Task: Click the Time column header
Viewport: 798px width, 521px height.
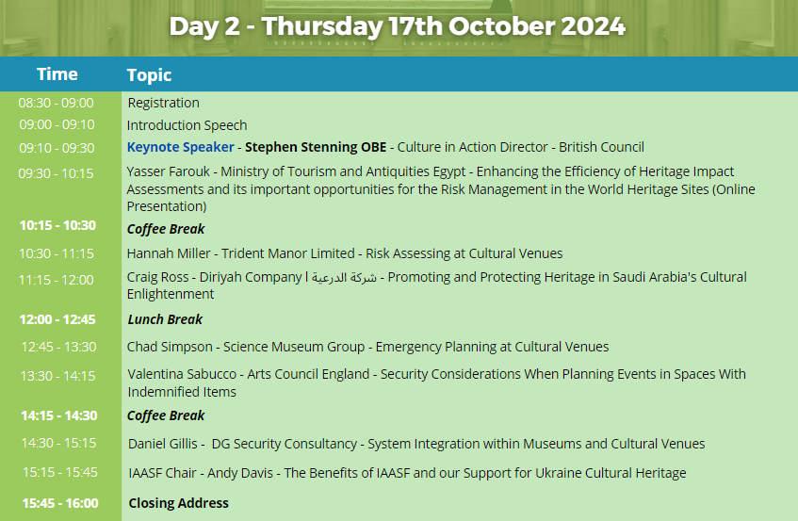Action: click(x=57, y=74)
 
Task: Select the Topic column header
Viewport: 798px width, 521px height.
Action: click(x=149, y=75)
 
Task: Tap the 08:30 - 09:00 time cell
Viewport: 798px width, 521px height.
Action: click(x=56, y=103)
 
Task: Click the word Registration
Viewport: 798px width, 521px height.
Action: click(x=163, y=103)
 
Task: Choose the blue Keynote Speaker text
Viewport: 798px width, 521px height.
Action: click(x=181, y=147)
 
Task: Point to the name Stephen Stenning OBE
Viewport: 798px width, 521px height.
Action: click(x=316, y=147)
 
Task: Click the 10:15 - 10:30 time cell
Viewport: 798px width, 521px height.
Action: click(x=57, y=225)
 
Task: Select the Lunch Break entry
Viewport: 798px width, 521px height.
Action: click(x=165, y=319)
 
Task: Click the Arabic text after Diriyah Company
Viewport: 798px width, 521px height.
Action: click(x=344, y=278)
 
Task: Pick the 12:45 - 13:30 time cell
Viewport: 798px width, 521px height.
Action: click(x=58, y=347)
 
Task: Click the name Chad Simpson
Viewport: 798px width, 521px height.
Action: click(x=170, y=347)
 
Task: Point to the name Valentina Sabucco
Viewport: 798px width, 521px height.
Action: click(x=182, y=374)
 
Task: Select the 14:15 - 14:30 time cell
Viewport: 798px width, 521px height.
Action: click(x=59, y=415)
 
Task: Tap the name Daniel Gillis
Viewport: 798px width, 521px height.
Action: click(x=162, y=444)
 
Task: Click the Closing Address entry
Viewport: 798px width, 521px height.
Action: click(x=178, y=503)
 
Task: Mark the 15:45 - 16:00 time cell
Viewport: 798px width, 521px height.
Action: click(x=60, y=503)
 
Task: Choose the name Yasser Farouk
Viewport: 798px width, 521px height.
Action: click(x=168, y=171)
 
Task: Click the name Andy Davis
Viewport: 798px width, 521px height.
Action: click(x=239, y=473)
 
